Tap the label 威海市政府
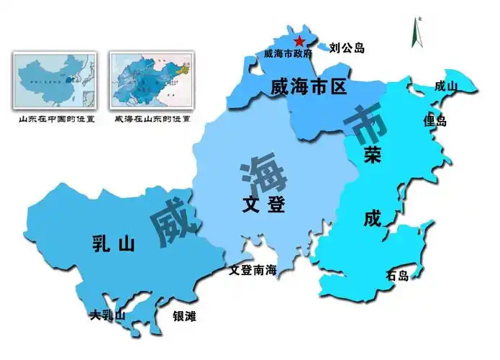coord(288,53)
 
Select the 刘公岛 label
coord(347,49)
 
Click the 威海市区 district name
coord(309,88)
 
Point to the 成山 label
coord(446,86)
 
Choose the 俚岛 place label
coord(435,121)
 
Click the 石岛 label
coord(397,276)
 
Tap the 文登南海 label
coord(253,271)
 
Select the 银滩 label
coord(184,316)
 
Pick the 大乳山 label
coord(107,315)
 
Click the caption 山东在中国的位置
coord(57,119)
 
